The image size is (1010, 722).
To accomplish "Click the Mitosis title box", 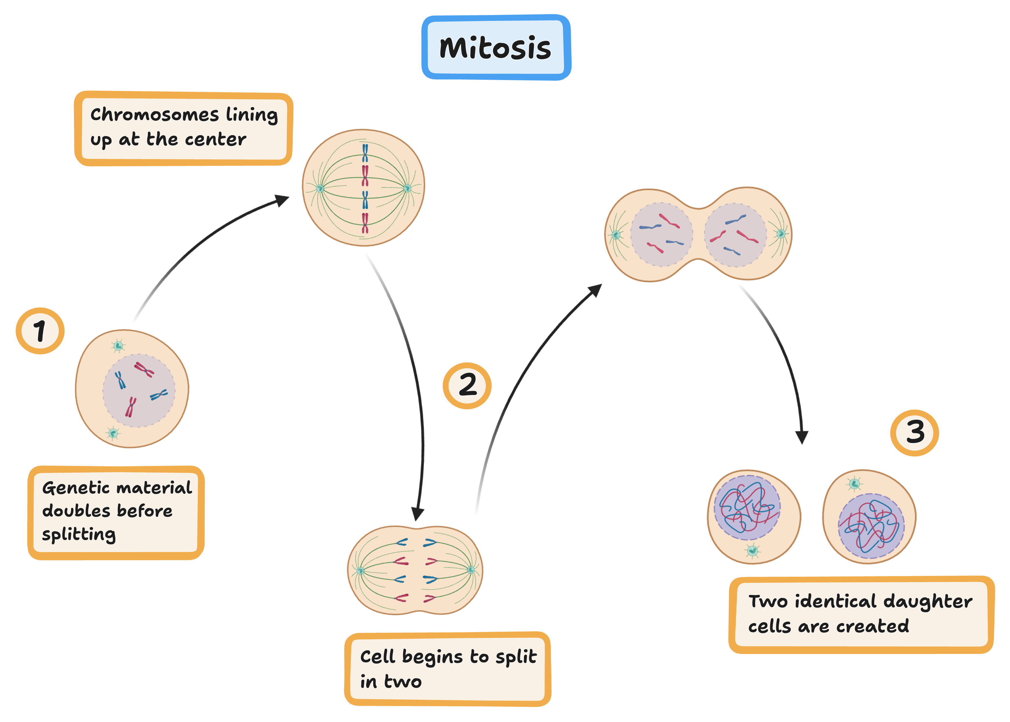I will (x=496, y=48).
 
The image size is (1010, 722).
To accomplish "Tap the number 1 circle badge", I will (x=40, y=331).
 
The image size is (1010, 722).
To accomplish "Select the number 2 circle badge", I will (x=467, y=385).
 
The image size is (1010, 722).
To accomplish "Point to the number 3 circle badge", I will (x=914, y=433).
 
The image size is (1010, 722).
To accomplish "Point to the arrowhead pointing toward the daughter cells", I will (x=802, y=438).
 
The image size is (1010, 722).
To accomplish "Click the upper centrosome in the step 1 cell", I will (x=118, y=345).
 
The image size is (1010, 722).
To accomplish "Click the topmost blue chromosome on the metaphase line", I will (x=365, y=153).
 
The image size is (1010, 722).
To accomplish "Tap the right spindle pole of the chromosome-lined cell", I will (x=407, y=188).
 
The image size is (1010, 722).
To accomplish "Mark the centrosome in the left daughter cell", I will (x=752, y=551).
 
